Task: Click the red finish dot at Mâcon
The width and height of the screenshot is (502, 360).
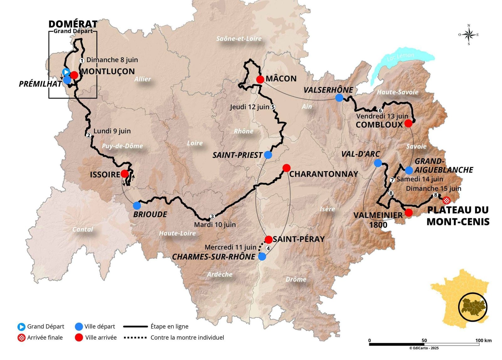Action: [x=260, y=79]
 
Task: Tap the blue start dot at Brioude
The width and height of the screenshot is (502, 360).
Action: [x=137, y=206]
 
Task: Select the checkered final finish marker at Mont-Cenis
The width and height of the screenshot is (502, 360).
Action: [x=446, y=200]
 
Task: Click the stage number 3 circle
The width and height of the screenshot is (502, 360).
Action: [x=212, y=216]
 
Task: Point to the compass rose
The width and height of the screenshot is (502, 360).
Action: [x=469, y=35]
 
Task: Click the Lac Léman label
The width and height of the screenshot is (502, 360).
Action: [x=400, y=57]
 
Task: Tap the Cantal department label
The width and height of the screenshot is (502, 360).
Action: [x=83, y=229]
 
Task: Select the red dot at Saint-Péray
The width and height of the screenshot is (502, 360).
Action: [x=269, y=240]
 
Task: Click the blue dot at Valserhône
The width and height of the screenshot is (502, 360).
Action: [x=339, y=98]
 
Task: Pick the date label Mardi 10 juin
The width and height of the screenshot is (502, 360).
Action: [x=215, y=225]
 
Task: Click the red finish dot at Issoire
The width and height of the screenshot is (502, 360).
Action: [x=125, y=174]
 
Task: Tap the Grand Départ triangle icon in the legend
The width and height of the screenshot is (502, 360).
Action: [x=21, y=327]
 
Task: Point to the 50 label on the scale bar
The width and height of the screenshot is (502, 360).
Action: [x=424, y=341]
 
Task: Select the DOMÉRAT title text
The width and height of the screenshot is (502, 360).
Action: [x=73, y=24]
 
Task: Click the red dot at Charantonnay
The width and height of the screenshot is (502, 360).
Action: [x=286, y=168]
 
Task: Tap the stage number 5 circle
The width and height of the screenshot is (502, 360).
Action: [x=273, y=107]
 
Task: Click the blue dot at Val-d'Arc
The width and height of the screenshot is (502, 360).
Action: [x=378, y=163]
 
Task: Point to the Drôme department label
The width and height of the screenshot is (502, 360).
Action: [x=296, y=279]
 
